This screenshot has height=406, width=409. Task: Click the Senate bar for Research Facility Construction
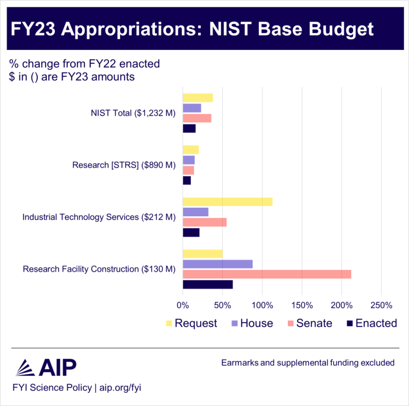[x=267, y=274]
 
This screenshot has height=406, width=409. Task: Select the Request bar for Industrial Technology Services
[x=227, y=201]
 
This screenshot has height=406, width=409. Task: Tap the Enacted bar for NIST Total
[x=189, y=129]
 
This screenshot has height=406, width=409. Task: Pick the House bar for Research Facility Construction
[x=217, y=264]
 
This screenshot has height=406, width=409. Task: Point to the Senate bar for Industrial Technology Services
[x=204, y=222]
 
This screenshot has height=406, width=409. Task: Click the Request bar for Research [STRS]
[x=191, y=149]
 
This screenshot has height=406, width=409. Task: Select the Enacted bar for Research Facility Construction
[x=207, y=284]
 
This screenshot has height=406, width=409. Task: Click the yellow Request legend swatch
[x=168, y=323]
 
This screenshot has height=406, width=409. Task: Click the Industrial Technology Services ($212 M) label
[x=99, y=217]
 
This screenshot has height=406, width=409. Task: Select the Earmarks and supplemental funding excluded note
[x=308, y=363]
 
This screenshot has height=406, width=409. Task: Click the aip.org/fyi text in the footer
[x=121, y=387]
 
